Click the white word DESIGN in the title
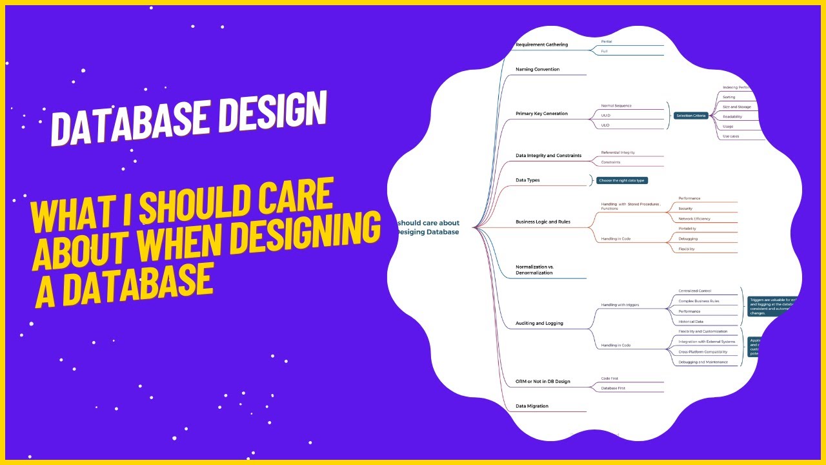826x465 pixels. pyautogui.click(x=272, y=117)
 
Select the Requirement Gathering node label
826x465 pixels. pyautogui.click(x=541, y=45)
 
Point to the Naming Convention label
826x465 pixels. pyautogui.click(x=538, y=69)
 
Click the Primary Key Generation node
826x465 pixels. pyautogui.click(x=541, y=114)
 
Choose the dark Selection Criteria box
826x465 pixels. pyautogui.click(x=690, y=116)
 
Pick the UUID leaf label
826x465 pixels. pyautogui.click(x=605, y=116)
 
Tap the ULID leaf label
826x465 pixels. pyautogui.click(x=605, y=125)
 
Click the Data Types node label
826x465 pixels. pyautogui.click(x=527, y=180)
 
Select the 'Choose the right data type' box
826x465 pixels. pyautogui.click(x=621, y=181)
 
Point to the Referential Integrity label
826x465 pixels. pyautogui.click(x=618, y=152)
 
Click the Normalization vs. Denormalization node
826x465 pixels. pyautogui.click(x=534, y=269)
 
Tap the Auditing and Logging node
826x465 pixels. pyautogui.click(x=539, y=323)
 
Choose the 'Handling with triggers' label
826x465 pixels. pyautogui.click(x=619, y=305)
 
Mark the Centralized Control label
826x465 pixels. pyautogui.click(x=694, y=291)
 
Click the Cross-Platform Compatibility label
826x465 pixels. pyautogui.click(x=703, y=352)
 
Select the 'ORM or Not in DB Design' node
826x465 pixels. pyautogui.click(x=543, y=382)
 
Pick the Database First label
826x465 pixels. pyautogui.click(x=613, y=388)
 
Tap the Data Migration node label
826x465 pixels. pyautogui.click(x=532, y=406)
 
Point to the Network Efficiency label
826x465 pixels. pyautogui.click(x=694, y=219)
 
